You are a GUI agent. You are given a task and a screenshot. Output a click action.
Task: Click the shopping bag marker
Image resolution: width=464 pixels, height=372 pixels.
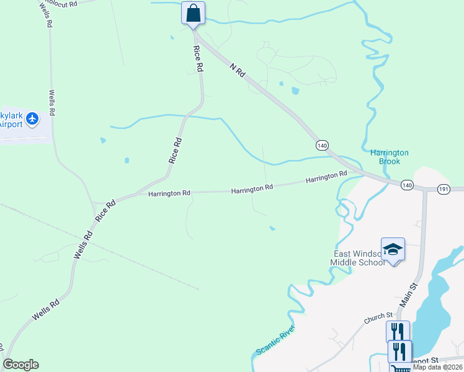point(194,13)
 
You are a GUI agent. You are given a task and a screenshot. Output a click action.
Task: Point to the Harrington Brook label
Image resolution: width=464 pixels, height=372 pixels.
point(389,157)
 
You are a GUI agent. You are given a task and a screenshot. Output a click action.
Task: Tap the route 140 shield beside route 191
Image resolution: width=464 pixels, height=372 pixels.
point(406,185)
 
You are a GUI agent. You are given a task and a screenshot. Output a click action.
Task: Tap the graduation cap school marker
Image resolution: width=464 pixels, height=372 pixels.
point(393,250)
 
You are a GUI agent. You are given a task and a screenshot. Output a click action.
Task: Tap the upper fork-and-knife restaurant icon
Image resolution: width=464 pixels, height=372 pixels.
point(398,331)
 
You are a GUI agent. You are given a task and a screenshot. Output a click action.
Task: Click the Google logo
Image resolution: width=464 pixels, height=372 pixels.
point(20,365)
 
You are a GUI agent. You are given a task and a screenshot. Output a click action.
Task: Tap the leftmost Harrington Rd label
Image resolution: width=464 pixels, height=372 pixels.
point(169,193)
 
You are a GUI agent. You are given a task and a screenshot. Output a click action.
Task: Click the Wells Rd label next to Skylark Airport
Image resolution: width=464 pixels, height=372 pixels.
point(52,102)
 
